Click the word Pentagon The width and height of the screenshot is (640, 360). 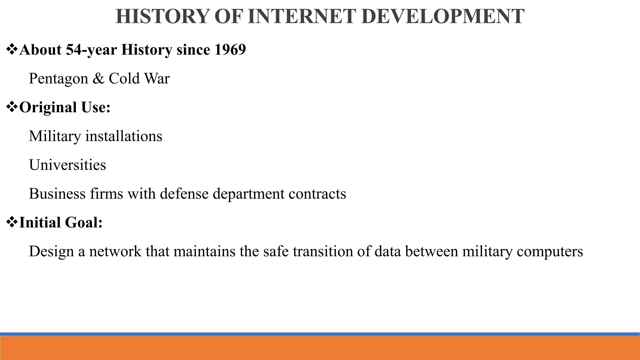(58, 78)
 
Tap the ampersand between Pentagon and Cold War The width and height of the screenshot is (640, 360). (98, 78)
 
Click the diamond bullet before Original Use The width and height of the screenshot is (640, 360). (12, 107)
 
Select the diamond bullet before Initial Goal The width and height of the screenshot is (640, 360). (12, 222)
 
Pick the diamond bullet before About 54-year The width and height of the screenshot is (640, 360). (12, 50)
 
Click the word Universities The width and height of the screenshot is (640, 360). (67, 165)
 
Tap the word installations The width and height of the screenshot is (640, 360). (124, 136)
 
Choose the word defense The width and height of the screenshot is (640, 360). (184, 193)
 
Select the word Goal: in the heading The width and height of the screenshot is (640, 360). (84, 222)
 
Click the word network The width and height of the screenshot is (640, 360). (115, 251)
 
